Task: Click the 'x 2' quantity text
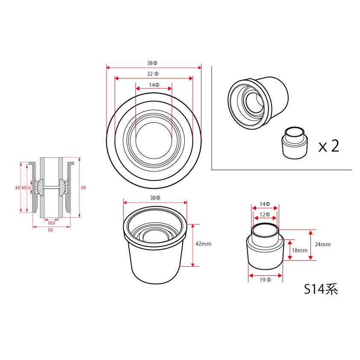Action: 329,146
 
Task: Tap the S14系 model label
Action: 321,289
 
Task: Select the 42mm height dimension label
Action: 203,244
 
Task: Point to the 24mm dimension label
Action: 322,245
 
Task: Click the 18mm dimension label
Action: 300,251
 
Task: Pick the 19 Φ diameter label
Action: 265,280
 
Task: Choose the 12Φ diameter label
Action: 265,215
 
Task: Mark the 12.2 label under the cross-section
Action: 52,223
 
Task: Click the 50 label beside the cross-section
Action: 83,188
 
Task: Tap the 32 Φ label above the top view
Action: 153,74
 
